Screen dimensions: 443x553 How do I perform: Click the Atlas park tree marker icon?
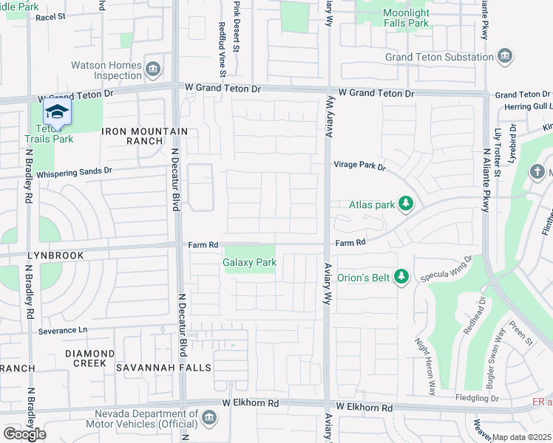point(405,204)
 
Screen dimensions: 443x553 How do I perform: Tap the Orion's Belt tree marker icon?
point(401,277)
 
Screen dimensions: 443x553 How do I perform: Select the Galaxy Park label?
point(249,262)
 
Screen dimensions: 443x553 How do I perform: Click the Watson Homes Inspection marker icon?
point(154,70)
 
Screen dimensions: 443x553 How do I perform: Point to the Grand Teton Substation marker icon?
point(505,57)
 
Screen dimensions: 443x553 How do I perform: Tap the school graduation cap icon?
point(56,112)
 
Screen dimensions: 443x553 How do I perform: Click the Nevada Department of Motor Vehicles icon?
point(209,419)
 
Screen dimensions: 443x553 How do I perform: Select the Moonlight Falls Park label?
point(405,18)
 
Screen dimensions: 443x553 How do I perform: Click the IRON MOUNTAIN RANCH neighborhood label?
point(144,136)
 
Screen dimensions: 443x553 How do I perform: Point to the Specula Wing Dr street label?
point(446,269)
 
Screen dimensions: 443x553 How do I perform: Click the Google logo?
point(24,434)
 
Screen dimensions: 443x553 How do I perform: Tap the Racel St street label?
point(50,16)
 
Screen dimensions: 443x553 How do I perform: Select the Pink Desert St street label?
point(237,27)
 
